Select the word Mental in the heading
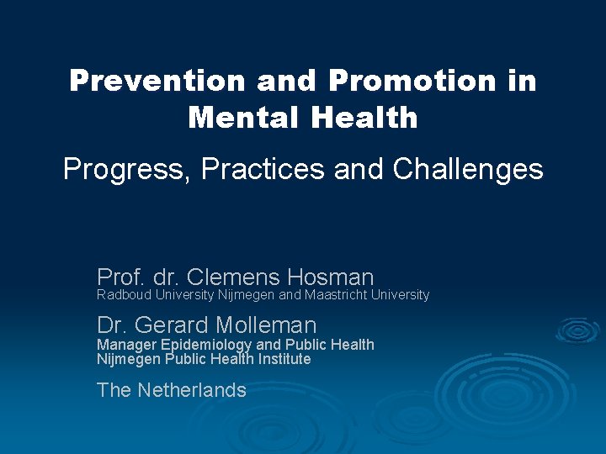point(245,117)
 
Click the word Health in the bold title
point(364,117)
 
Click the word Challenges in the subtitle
point(468,170)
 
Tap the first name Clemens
point(232,277)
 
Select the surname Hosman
point(330,277)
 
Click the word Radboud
point(124,295)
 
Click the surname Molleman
point(266,325)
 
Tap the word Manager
point(126,345)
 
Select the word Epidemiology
point(206,345)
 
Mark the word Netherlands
point(192,390)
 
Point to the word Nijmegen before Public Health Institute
point(129,359)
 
